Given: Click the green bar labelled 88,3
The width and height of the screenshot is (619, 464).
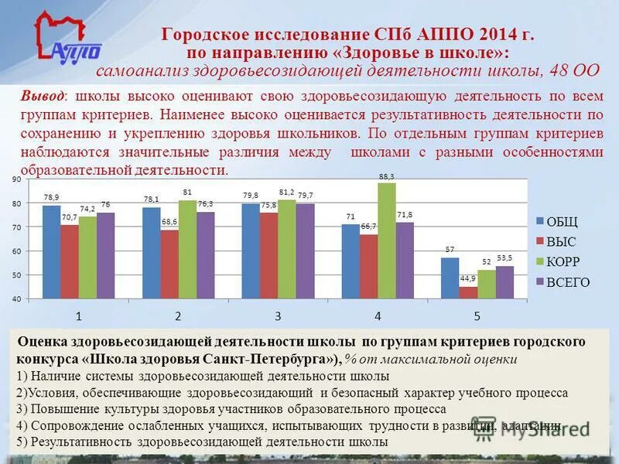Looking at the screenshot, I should [386, 240].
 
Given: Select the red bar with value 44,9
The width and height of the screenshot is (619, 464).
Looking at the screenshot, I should [467, 292].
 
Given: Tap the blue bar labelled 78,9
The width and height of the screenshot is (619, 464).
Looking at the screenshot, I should [51, 251].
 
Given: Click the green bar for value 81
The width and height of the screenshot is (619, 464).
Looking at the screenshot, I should [187, 249].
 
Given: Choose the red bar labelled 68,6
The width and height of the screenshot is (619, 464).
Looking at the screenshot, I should [169, 264].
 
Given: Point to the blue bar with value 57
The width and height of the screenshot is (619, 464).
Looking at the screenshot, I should [450, 278].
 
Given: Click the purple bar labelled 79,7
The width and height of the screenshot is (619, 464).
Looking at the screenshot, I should [305, 251].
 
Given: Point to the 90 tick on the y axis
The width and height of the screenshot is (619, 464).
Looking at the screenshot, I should [16, 179].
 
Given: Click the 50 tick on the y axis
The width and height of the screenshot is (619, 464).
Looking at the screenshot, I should [16, 275].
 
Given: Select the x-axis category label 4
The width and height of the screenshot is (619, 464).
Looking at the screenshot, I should [378, 316].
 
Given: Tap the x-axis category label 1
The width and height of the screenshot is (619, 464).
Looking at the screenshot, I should [79, 316].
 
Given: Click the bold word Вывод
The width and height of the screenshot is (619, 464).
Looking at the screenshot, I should [43, 96].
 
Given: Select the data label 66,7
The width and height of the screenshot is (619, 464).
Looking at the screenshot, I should [368, 226].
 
